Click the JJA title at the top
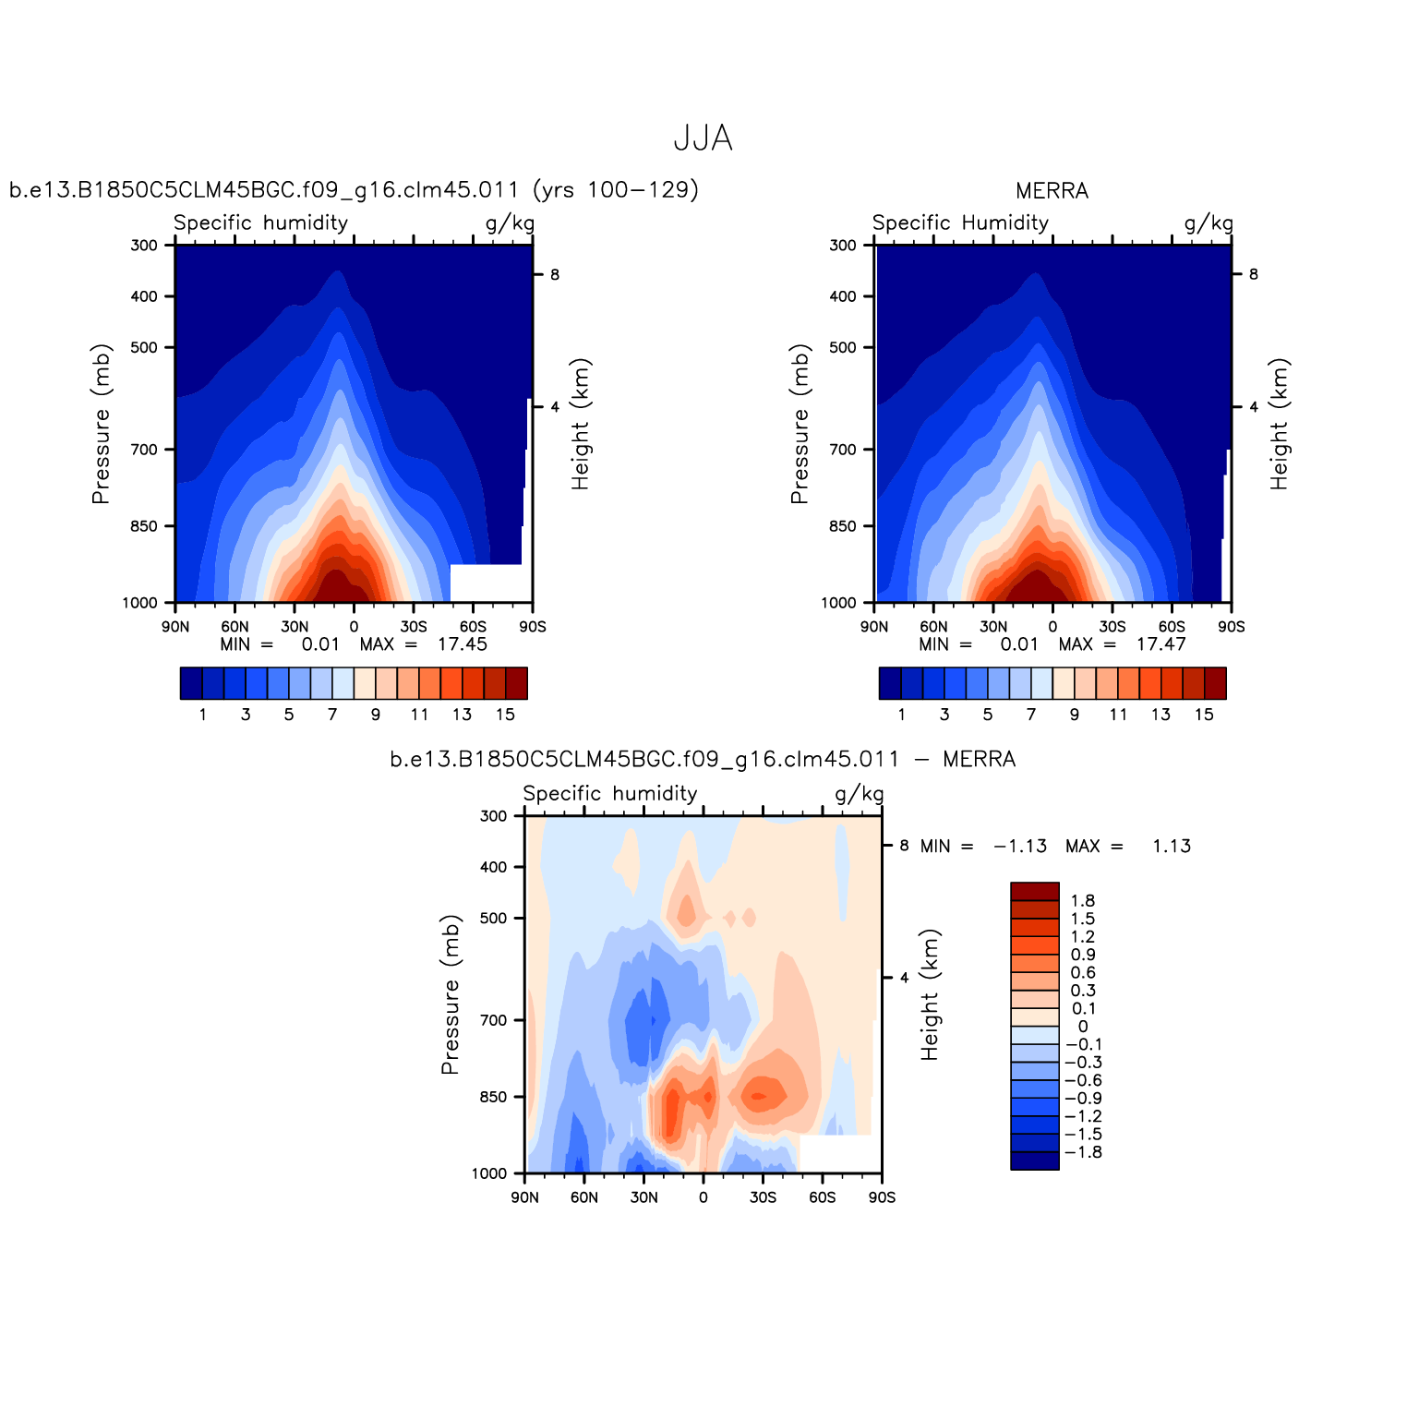click(x=703, y=138)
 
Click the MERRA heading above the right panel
click(x=1052, y=191)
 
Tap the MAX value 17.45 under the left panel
click(x=462, y=644)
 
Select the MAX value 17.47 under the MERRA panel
click(x=1160, y=644)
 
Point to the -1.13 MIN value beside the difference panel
click(x=1019, y=847)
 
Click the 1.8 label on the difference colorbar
click(x=1082, y=901)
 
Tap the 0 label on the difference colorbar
click(x=1082, y=1027)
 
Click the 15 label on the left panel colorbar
click(x=504, y=715)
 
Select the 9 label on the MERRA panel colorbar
click(x=1074, y=715)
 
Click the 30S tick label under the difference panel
click(x=763, y=1197)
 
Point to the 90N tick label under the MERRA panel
click(x=874, y=627)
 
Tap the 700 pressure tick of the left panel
click(x=146, y=450)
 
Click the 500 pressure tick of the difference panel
click(x=494, y=919)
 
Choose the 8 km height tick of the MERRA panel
click(x=1253, y=274)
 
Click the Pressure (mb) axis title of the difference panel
click(x=450, y=994)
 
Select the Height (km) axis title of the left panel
click(x=580, y=424)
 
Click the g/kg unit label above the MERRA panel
click(x=1208, y=223)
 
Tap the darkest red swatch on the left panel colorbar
click(x=516, y=683)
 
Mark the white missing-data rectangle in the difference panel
click(x=838, y=1154)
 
